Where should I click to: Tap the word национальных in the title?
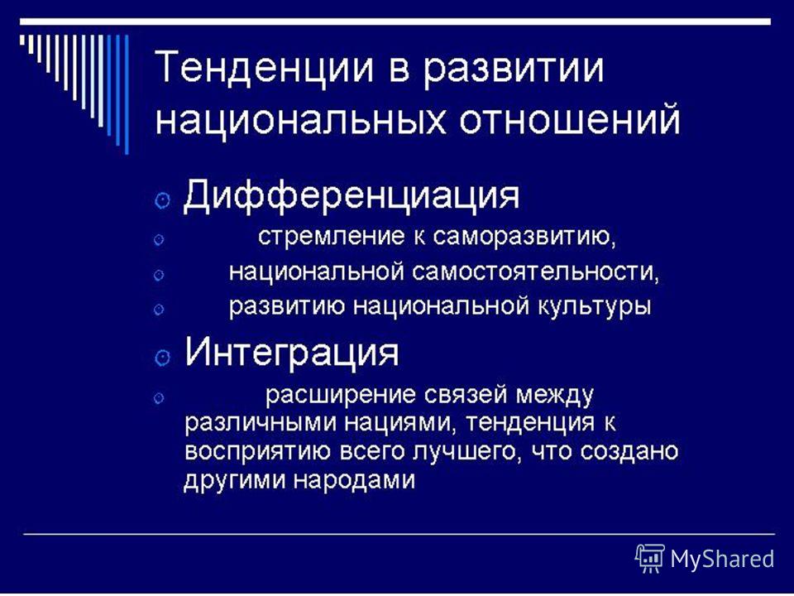(x=301, y=122)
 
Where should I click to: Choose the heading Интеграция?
(x=292, y=353)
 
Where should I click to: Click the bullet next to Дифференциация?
(x=161, y=200)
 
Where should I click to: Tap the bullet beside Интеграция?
(x=161, y=358)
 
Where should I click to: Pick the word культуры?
(x=594, y=308)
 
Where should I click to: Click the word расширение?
(x=340, y=396)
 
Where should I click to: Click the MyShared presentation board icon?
(x=650, y=558)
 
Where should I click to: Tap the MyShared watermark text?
(x=722, y=559)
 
